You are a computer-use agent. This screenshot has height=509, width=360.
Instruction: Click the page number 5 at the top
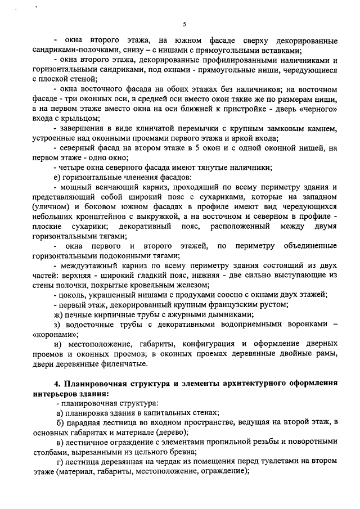pos(184,24)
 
